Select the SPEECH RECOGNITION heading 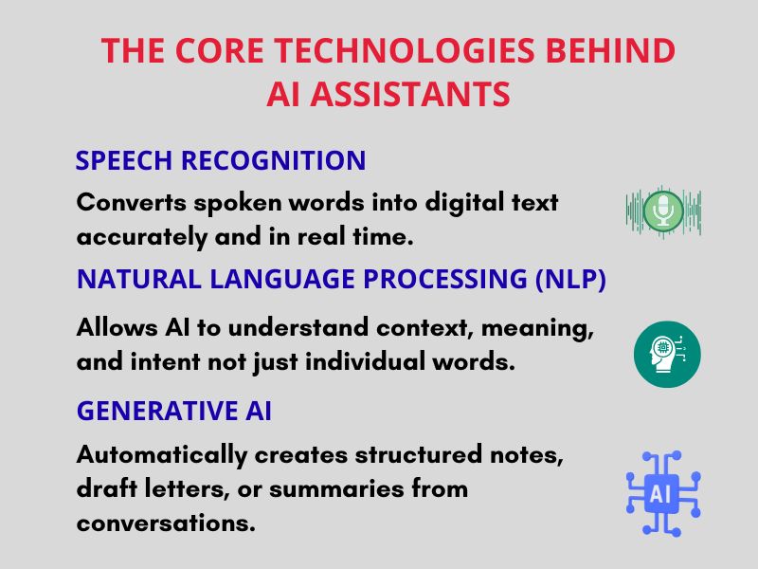(x=220, y=160)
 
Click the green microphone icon (x=663, y=211)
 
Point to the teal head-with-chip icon (x=667, y=355)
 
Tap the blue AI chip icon (x=663, y=492)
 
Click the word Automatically (x=162, y=454)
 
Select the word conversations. (x=166, y=523)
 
